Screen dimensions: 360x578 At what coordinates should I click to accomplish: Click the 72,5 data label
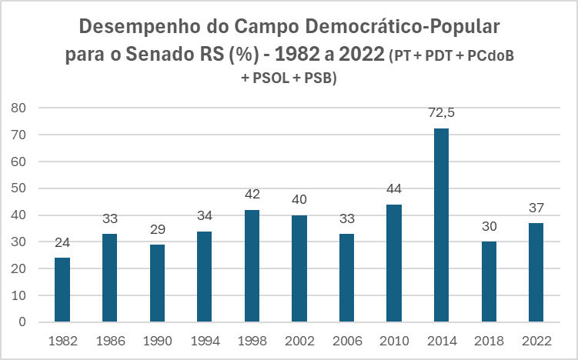click(x=441, y=113)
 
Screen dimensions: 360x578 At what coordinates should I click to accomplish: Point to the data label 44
click(x=394, y=189)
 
